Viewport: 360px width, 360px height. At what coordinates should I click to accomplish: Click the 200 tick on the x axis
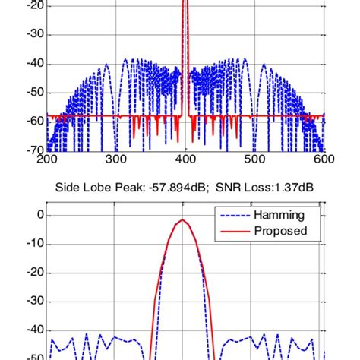46,159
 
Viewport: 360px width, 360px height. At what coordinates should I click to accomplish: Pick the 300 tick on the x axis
116,159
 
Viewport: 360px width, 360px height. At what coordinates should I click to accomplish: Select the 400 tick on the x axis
185,159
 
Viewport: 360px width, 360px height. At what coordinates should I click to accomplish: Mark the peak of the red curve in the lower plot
183,219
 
